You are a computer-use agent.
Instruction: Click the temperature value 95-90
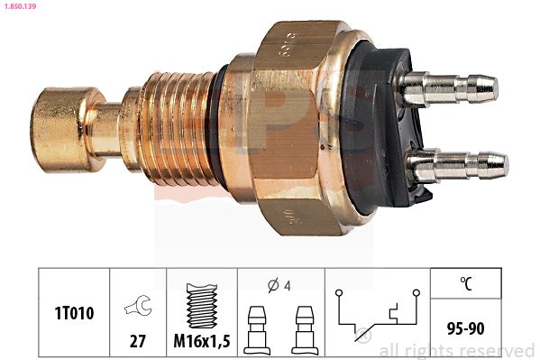point(465,328)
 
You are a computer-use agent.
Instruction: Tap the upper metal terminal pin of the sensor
point(451,88)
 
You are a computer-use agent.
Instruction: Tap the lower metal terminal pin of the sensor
point(457,166)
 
